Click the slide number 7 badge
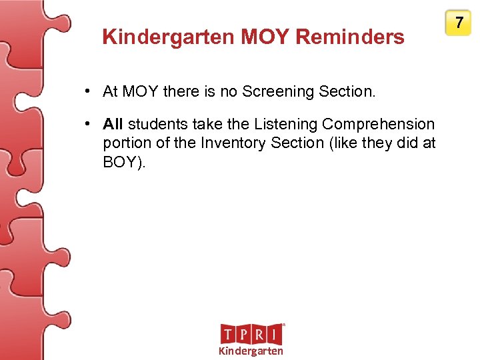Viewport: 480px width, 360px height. point(459,23)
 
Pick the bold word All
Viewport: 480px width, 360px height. point(113,125)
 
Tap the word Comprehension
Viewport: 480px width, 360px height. point(378,125)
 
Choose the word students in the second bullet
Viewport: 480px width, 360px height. point(157,125)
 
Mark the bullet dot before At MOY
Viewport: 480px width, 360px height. point(88,91)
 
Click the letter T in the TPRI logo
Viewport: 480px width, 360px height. point(229,334)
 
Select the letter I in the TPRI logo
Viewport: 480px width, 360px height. point(275,334)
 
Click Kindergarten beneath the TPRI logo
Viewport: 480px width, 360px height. point(251,351)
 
